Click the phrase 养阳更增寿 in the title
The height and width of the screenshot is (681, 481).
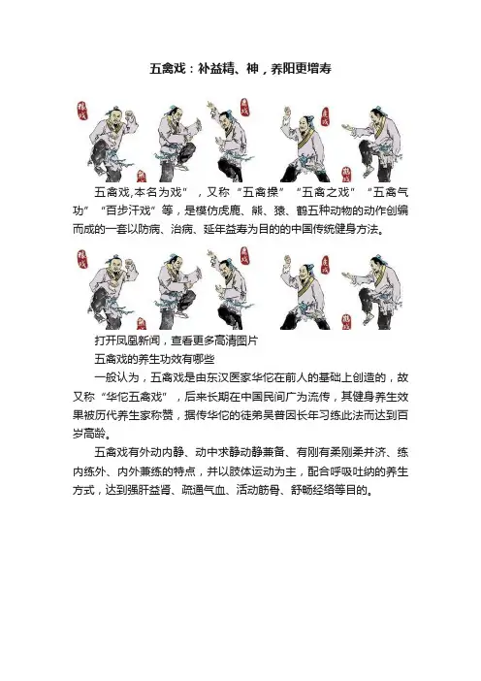click(x=301, y=69)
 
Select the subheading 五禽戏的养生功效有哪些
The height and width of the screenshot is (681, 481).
click(x=155, y=359)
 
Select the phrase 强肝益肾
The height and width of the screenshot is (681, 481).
click(x=150, y=490)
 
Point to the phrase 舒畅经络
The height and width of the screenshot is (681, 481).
click(x=312, y=490)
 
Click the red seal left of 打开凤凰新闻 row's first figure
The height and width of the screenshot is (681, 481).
click(x=81, y=260)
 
